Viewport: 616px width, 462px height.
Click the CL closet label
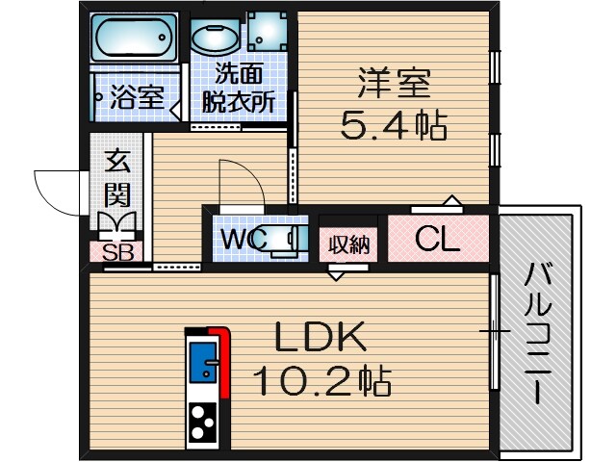pos(437,239)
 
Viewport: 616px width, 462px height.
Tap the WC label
pos(242,239)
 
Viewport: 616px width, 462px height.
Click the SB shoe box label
pos(116,254)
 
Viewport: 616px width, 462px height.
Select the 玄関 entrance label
pos(116,179)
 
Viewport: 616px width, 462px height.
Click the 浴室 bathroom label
pos(136,96)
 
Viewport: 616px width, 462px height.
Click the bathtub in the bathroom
pos(135,38)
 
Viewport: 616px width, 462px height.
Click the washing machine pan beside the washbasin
pos(268,31)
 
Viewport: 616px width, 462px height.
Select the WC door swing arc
pos(241,183)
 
